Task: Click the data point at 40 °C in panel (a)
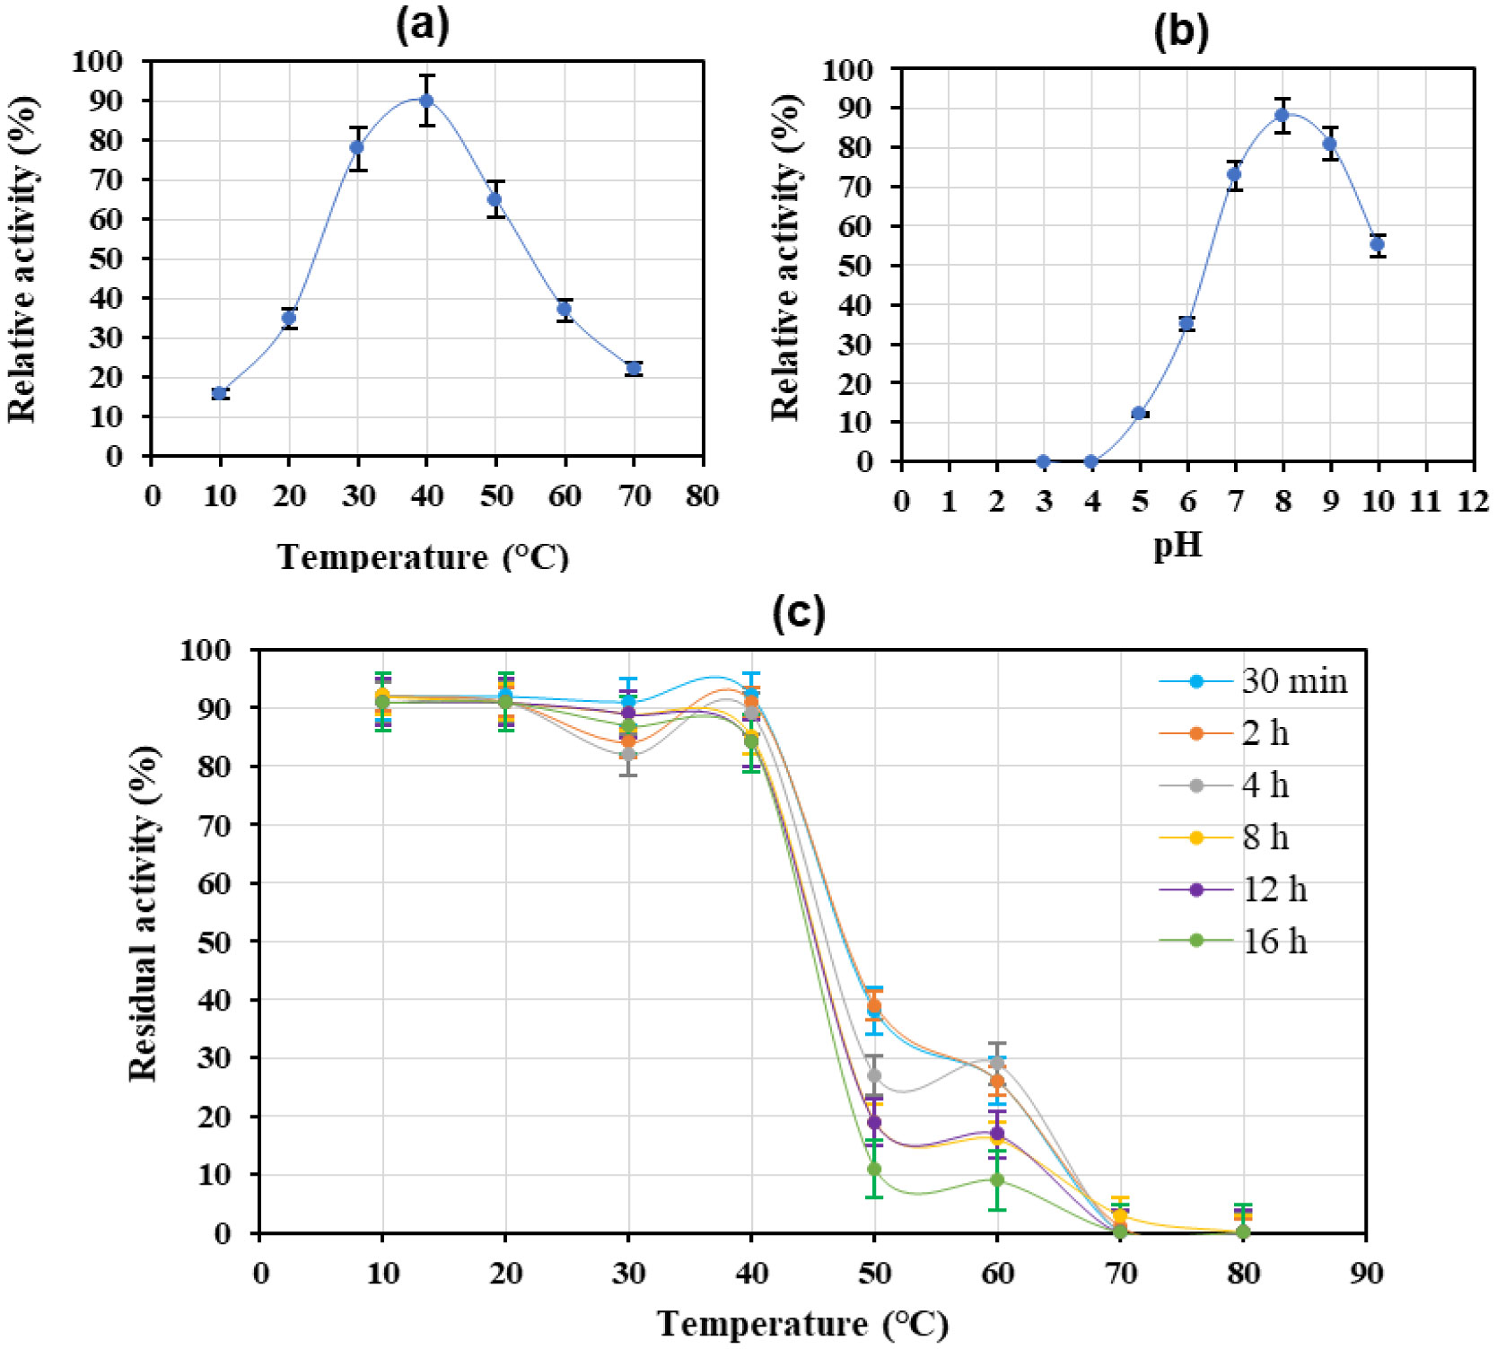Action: (426, 101)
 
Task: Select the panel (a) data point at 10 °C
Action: (220, 393)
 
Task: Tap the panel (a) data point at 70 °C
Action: (634, 368)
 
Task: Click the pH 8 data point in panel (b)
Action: (1282, 115)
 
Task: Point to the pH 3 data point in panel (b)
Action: (1043, 461)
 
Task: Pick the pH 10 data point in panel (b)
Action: (1377, 244)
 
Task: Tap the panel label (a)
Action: (422, 26)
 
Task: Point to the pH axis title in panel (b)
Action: (1177, 545)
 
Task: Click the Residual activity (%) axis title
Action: (144, 913)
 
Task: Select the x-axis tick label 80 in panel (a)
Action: (702, 495)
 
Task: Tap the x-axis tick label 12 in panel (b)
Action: (1473, 501)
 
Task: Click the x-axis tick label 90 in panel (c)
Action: (1365, 1273)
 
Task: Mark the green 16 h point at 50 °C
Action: (874, 1169)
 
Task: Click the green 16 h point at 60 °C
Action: (997, 1179)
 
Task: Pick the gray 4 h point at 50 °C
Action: (874, 1075)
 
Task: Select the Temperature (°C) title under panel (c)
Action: (802, 1324)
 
